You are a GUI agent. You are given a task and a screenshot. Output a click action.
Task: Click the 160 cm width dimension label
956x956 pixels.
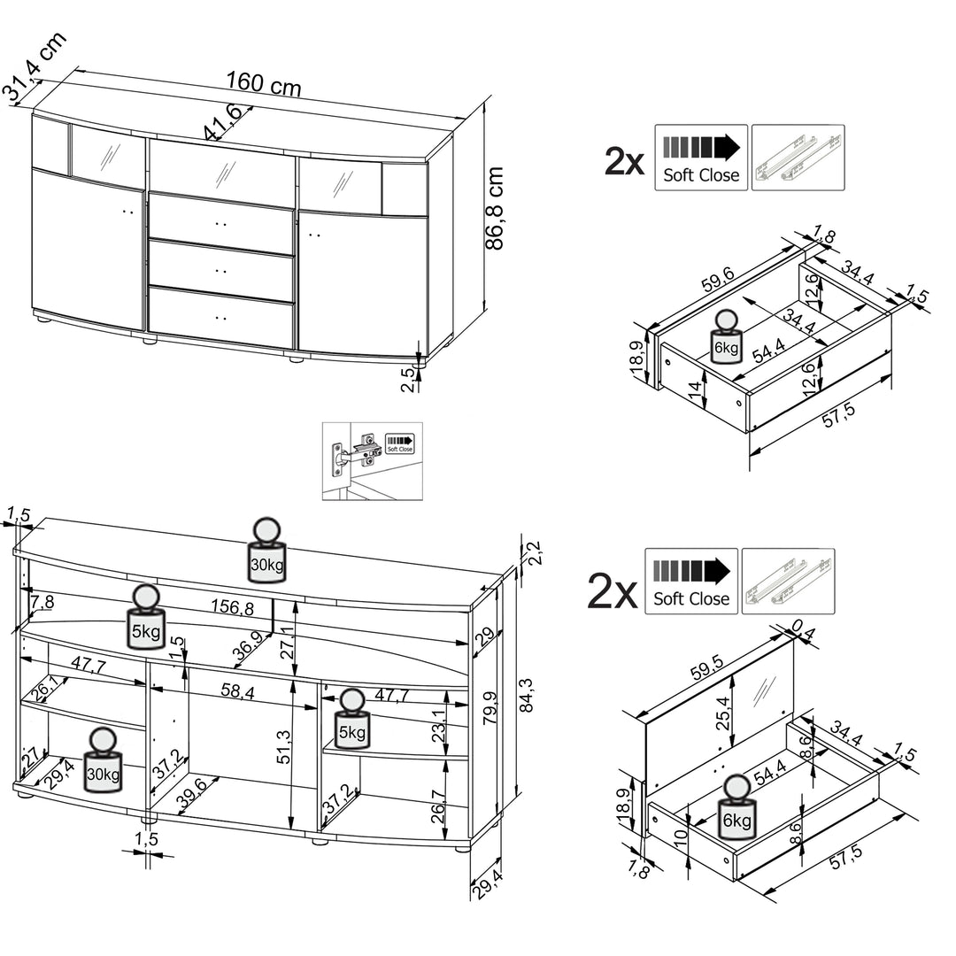[263, 83]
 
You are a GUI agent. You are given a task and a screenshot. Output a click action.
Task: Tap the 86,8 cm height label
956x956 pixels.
[496, 208]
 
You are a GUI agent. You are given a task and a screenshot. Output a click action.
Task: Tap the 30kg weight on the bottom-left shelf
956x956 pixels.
[104, 760]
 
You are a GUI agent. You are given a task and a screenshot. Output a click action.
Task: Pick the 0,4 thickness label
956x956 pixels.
[803, 629]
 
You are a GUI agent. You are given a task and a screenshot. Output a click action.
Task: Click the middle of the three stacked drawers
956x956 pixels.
[220, 270]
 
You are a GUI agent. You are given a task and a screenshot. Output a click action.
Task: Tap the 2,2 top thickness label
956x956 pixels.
[533, 552]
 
